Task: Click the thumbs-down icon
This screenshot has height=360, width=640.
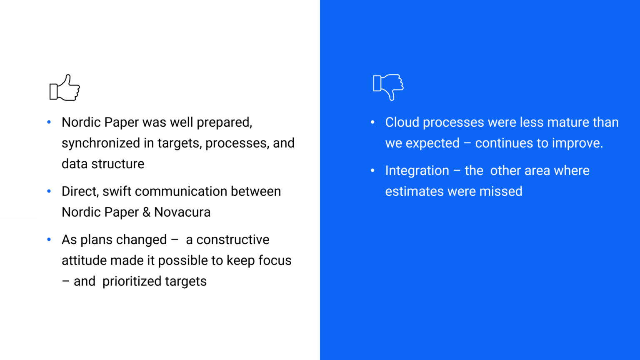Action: (x=388, y=87)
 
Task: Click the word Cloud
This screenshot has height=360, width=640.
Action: (x=402, y=122)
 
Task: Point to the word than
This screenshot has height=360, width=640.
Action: (x=605, y=122)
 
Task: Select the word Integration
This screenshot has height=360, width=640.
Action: (x=417, y=171)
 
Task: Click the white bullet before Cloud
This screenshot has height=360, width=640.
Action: (x=373, y=122)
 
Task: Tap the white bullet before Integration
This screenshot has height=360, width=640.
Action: (x=373, y=171)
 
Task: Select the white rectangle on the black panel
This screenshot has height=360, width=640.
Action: (x=19, y=192)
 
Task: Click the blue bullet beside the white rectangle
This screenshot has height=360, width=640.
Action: (x=49, y=191)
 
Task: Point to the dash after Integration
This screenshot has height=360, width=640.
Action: (x=457, y=171)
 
